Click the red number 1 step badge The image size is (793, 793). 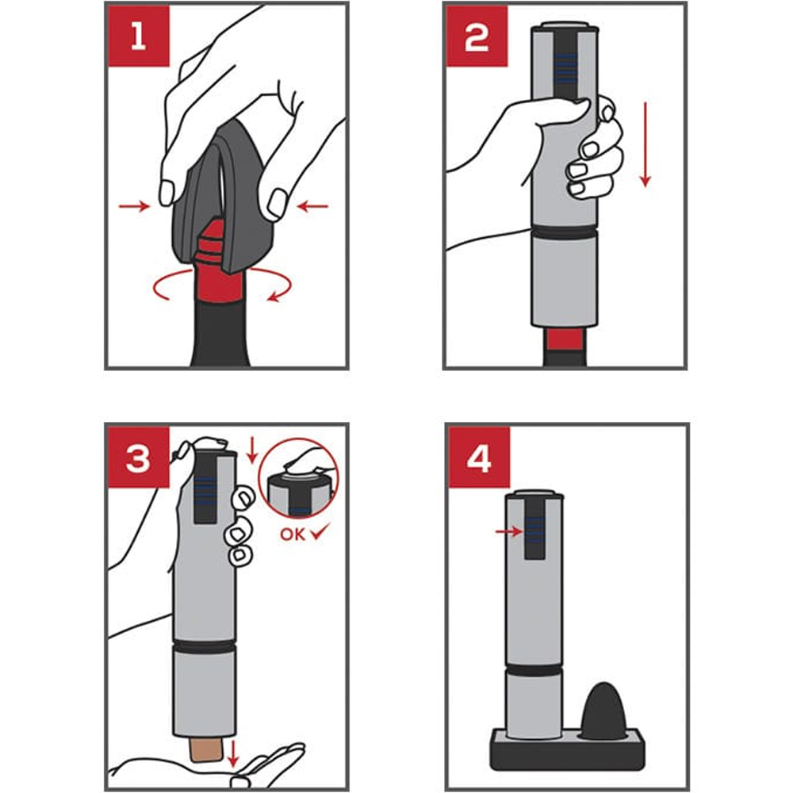(x=139, y=36)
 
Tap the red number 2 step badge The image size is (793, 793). (x=477, y=36)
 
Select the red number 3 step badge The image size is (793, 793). (x=139, y=458)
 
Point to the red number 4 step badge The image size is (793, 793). (x=479, y=458)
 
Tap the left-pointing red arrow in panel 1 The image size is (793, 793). (x=312, y=206)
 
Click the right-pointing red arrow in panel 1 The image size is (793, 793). (x=135, y=206)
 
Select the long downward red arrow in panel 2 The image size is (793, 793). (x=645, y=144)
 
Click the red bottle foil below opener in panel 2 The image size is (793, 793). (x=565, y=340)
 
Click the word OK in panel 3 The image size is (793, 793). (x=293, y=534)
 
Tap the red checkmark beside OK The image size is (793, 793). (x=320, y=531)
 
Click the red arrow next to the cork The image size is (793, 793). (x=232, y=753)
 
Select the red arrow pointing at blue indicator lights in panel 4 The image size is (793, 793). (x=509, y=531)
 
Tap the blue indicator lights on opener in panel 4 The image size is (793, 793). (x=534, y=531)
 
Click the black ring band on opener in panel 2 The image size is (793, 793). (x=565, y=232)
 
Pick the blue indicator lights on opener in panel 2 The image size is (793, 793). (x=565, y=68)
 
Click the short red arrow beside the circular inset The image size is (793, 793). (x=252, y=450)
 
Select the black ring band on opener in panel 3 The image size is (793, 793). (x=205, y=646)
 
